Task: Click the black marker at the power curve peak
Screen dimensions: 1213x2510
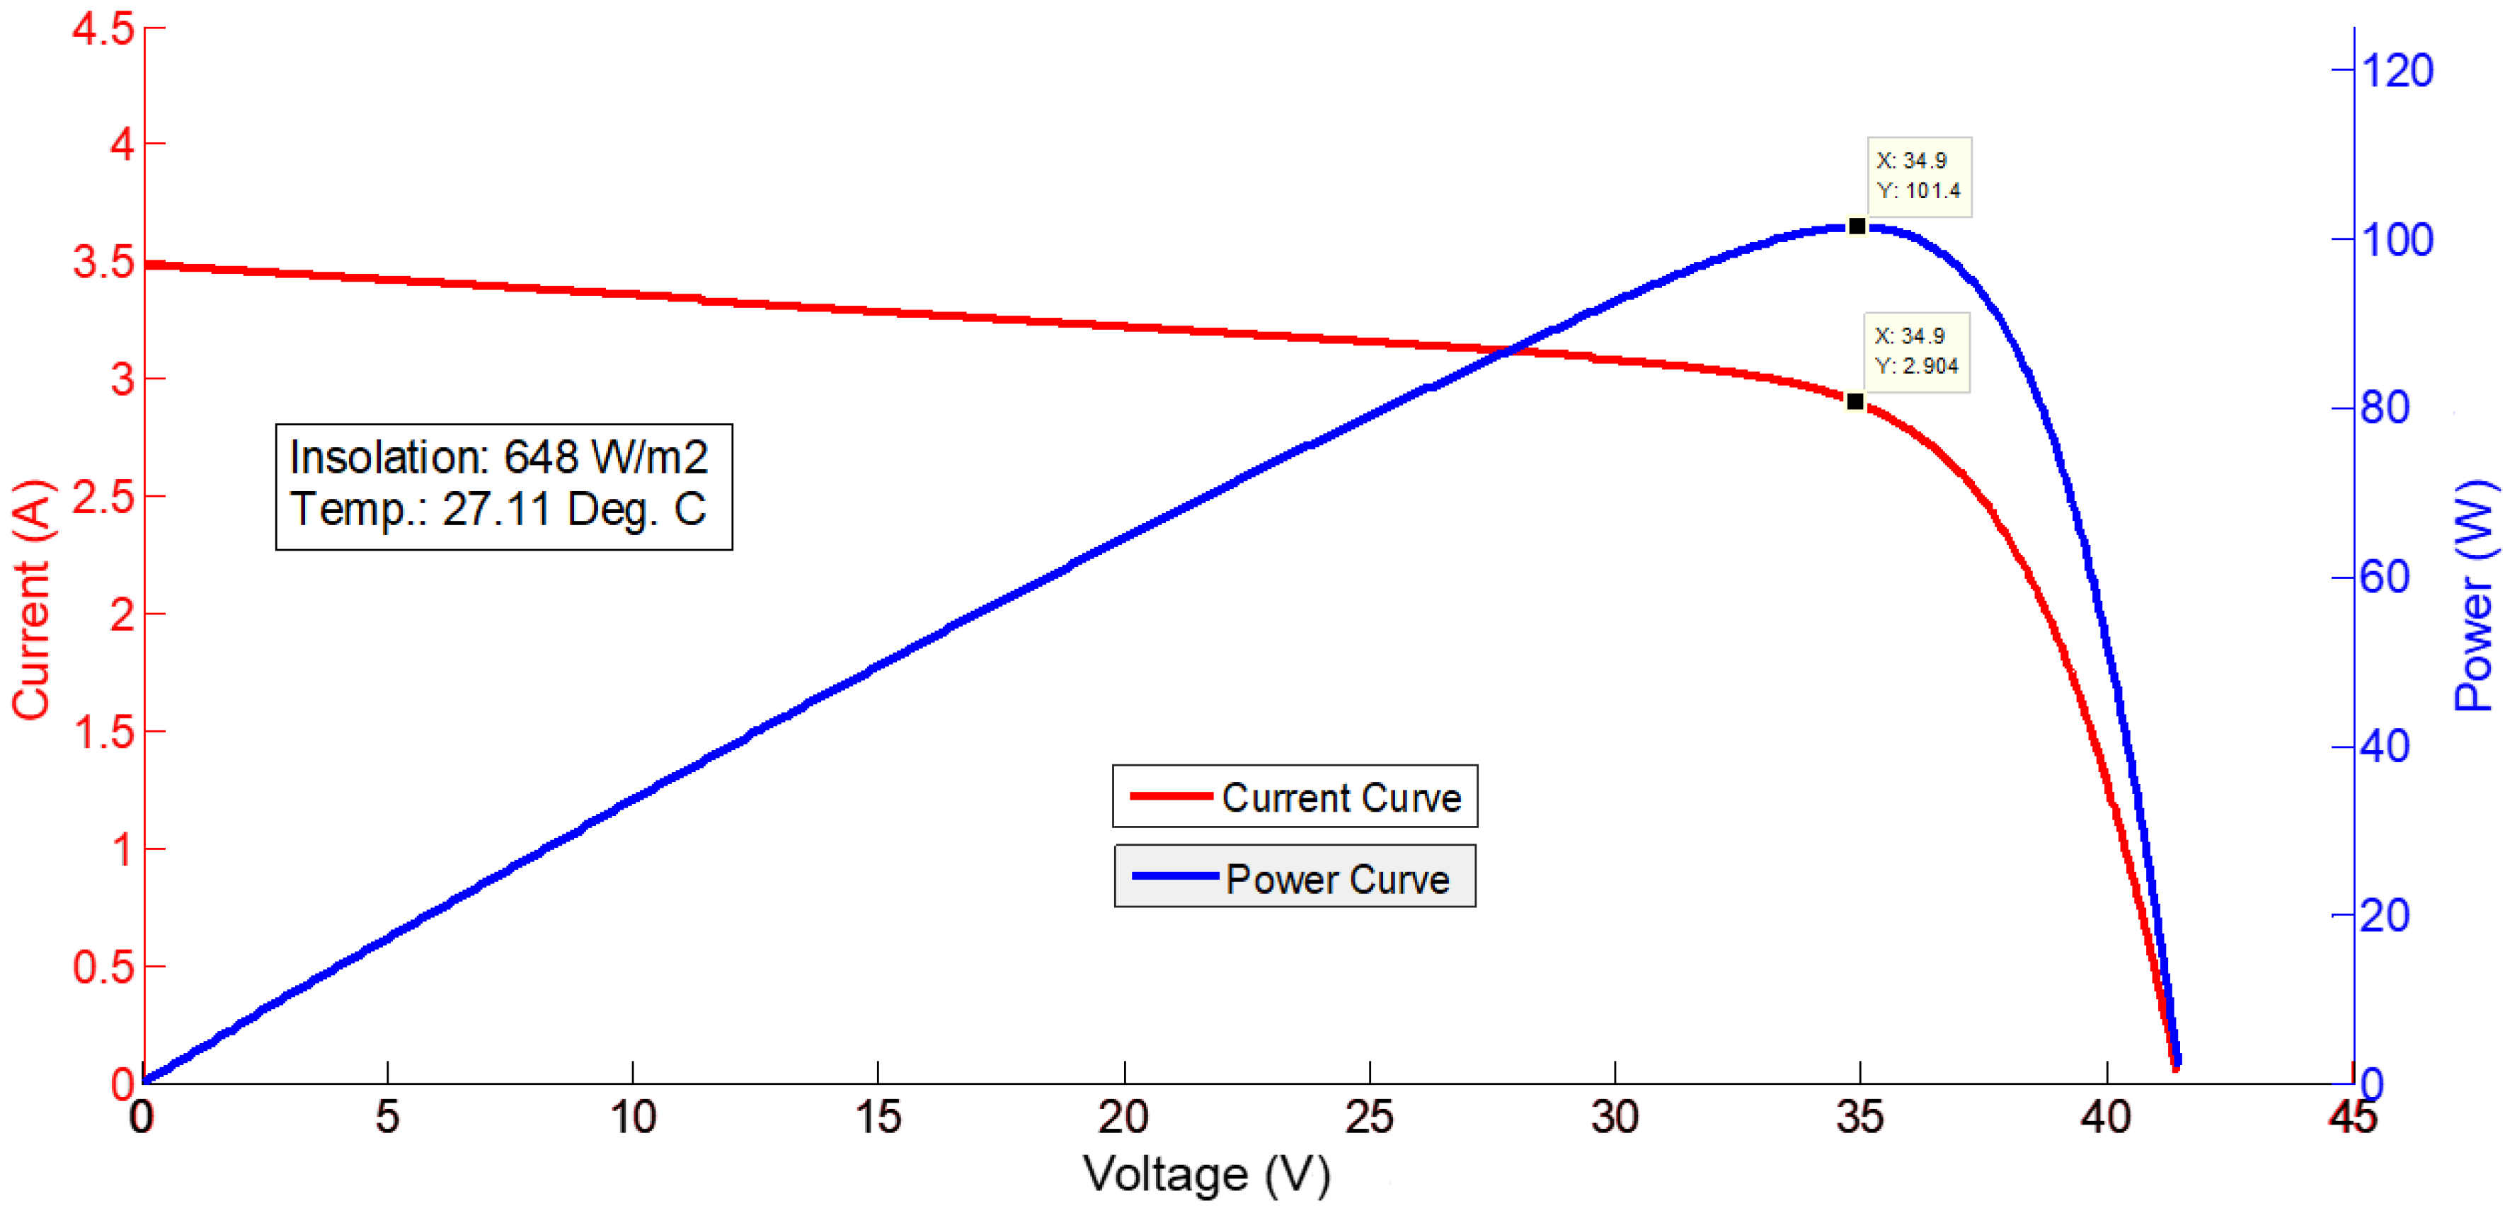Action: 1857,226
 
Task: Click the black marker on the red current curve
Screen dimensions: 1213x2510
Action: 1855,401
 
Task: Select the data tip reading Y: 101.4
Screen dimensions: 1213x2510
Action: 1918,176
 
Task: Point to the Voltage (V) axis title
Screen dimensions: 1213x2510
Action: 1206,1174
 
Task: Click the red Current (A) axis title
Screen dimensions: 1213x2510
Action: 31,599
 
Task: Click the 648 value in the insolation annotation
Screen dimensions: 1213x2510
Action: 539,457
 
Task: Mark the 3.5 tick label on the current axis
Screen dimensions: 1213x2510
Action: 103,262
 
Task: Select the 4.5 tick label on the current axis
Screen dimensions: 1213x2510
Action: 103,29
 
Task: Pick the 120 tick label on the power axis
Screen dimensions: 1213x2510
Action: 2397,71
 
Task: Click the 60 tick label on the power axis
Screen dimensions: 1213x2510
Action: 2385,577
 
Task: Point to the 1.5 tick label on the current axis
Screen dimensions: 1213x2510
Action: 103,732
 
